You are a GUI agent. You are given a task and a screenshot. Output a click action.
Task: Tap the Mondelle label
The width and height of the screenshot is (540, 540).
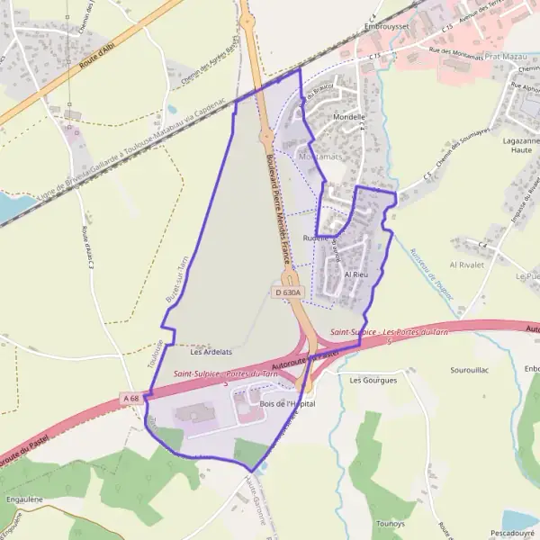pos(349,116)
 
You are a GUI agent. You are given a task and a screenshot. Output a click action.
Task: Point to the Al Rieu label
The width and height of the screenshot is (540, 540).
pos(356,274)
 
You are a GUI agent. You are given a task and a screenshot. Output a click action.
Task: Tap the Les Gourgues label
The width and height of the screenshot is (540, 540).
pos(373,380)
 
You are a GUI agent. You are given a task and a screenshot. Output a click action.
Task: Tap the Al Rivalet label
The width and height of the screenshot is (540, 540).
pos(467,265)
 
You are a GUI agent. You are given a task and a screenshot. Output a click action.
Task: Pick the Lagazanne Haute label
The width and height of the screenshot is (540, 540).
pos(516,146)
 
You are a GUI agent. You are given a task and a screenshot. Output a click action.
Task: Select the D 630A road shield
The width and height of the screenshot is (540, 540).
pos(287,292)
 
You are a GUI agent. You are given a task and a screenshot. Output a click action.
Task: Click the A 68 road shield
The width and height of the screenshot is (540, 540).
pos(132,398)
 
